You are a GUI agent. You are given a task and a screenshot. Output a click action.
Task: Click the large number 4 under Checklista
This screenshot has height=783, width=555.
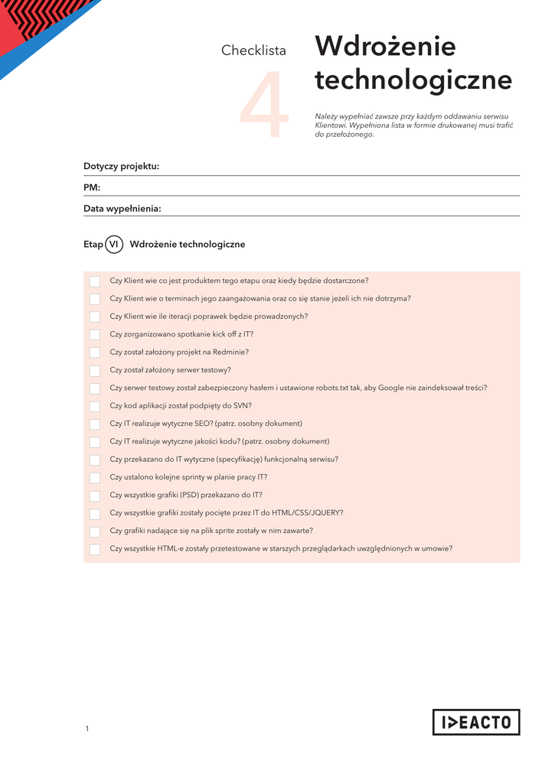pyautogui.click(x=265, y=106)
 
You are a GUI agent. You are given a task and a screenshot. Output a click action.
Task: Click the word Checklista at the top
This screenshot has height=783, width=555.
pyautogui.click(x=253, y=50)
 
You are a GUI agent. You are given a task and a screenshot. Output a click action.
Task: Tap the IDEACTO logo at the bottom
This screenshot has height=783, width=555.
pyautogui.click(x=476, y=722)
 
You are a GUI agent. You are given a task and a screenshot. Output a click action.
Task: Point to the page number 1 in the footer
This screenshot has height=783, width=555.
pyautogui.click(x=87, y=729)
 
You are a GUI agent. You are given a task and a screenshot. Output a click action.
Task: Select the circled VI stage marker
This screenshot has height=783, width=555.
pyautogui.click(x=114, y=244)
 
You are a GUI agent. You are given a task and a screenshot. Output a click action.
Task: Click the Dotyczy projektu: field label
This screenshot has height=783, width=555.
pyautogui.click(x=121, y=167)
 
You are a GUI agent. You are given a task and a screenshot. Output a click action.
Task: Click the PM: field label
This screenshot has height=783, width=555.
pyautogui.click(x=92, y=187)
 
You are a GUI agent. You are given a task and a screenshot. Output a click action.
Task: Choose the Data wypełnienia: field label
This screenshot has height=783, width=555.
pyautogui.click(x=122, y=208)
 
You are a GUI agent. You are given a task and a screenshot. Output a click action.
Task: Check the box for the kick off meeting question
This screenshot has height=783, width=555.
pyautogui.click(x=95, y=335)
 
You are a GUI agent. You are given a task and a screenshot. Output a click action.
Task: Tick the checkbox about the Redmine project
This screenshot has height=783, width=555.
pyautogui.click(x=95, y=353)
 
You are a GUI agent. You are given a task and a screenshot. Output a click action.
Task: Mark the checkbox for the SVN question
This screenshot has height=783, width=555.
pyautogui.click(x=95, y=406)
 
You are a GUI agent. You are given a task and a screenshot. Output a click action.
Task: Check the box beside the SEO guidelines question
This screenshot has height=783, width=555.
pyautogui.click(x=95, y=424)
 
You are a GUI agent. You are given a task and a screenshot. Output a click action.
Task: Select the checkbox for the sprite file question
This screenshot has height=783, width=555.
pyautogui.click(x=95, y=531)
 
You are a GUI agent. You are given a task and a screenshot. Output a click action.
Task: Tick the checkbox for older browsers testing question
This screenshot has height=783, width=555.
pyautogui.click(x=95, y=549)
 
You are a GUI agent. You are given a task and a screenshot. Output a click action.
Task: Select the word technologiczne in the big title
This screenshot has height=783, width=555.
pyautogui.click(x=413, y=80)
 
